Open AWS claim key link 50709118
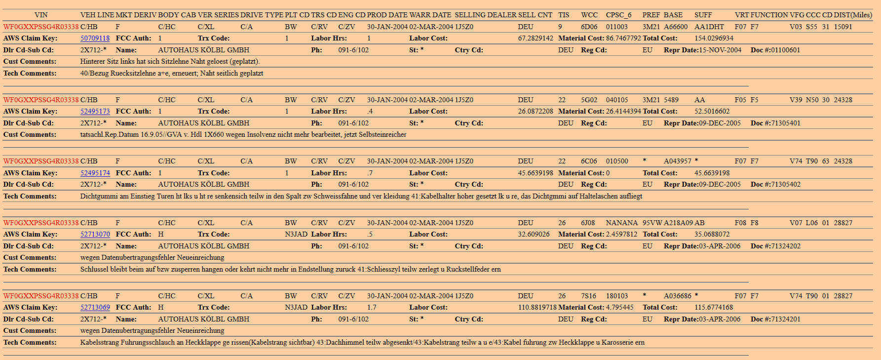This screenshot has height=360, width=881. click(95, 38)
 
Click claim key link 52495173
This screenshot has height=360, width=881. click(95, 111)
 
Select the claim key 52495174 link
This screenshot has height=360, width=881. click(95, 173)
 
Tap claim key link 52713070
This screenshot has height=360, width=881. click(95, 234)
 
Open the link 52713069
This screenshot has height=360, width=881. click(95, 307)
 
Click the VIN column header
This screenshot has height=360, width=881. click(41, 15)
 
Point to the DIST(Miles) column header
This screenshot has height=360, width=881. click(853, 15)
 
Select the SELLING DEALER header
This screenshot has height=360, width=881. click(485, 15)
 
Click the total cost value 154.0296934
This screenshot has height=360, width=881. click(714, 38)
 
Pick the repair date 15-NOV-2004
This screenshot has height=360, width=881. click(720, 50)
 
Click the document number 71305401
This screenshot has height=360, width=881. click(785, 123)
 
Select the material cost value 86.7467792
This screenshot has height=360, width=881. click(623, 38)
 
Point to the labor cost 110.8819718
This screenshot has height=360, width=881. click(537, 307)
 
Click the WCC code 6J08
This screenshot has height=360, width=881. click(588, 223)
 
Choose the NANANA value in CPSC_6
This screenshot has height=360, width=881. click(621, 223)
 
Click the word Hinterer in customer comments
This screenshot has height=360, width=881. click(93, 61)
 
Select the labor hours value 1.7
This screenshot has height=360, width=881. click(372, 307)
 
